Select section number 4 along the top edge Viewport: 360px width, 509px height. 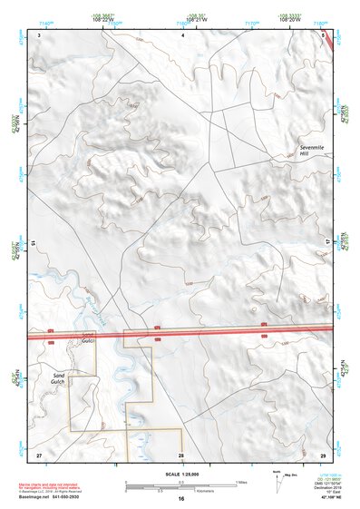click(182, 34)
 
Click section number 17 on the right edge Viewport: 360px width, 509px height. click(328, 242)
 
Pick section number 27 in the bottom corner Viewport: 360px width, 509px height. click(39, 454)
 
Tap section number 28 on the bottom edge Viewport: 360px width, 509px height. click(181, 454)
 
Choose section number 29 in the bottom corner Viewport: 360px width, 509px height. click(323, 454)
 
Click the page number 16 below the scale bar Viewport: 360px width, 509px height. click(181, 499)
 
